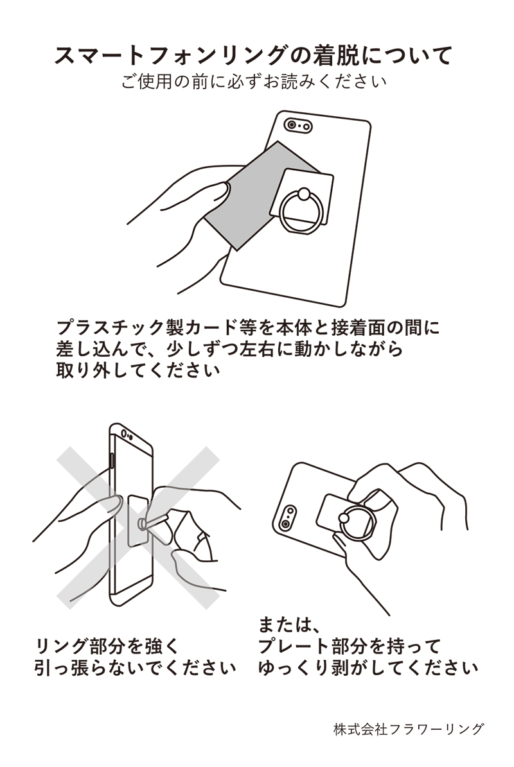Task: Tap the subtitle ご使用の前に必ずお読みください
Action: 254,82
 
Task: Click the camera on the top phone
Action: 298,126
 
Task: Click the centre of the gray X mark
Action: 137,528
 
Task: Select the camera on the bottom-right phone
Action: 288,517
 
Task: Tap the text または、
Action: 288,624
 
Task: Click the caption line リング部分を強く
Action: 108,646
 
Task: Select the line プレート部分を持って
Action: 350,646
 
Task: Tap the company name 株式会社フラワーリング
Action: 409,729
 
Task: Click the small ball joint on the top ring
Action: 303,194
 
